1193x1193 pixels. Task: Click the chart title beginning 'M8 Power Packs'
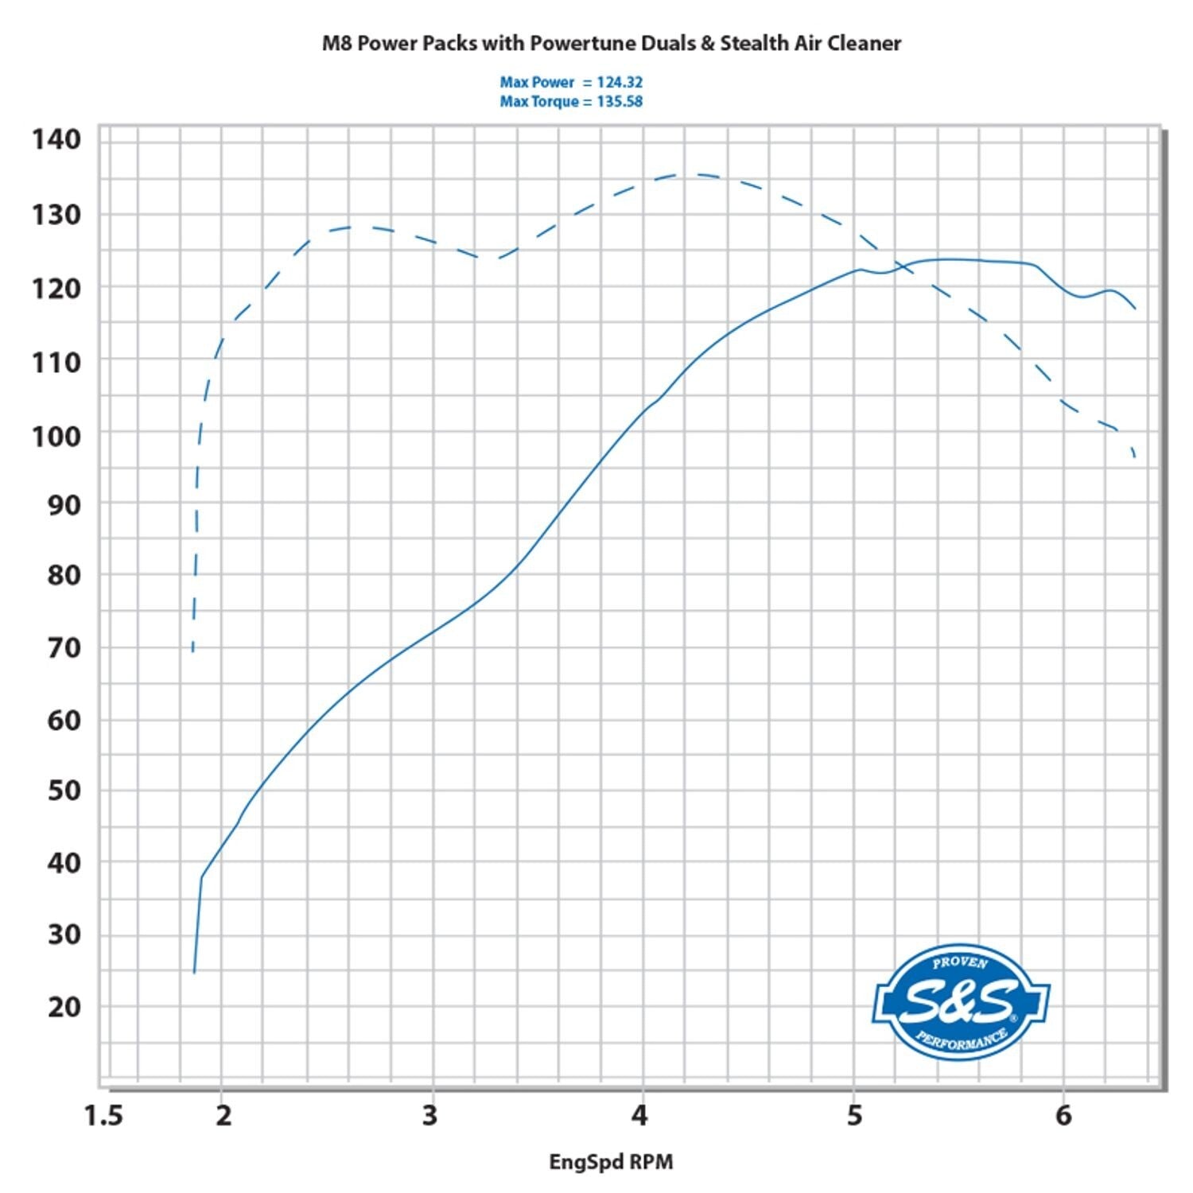coord(611,43)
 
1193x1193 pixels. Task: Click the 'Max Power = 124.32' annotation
coord(571,82)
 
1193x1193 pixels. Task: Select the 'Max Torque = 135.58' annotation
coord(571,102)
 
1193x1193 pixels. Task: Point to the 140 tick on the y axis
coord(56,140)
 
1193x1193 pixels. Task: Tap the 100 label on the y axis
coord(56,436)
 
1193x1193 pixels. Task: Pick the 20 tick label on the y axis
coord(64,1007)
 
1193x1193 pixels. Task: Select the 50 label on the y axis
coord(64,791)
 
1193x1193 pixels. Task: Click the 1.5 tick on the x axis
coord(103,1116)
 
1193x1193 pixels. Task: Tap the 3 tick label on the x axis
coord(430,1116)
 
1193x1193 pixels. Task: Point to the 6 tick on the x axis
coord(1063,1116)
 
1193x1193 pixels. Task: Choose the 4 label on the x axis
coord(640,1116)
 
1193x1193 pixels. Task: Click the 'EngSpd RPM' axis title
coord(611,1162)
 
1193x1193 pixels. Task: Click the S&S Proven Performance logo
coord(961,1002)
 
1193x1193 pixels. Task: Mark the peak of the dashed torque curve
coord(684,174)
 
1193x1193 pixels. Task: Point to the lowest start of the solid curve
coord(194,972)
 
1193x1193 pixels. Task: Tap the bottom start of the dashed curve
coord(193,651)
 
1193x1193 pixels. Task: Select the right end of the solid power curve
coord(1136,309)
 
